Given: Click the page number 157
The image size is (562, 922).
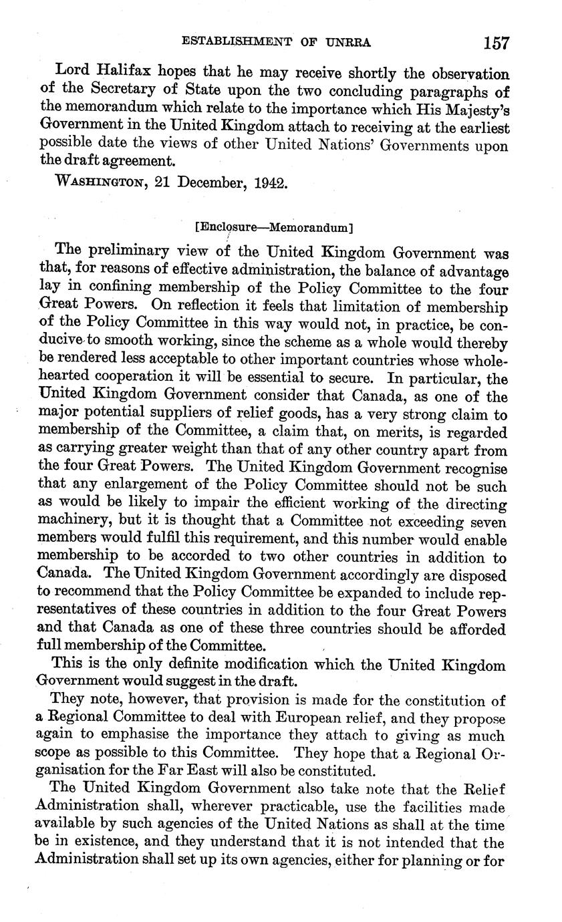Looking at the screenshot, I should tap(496, 43).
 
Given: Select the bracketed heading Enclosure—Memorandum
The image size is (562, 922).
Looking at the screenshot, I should tap(274, 227).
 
